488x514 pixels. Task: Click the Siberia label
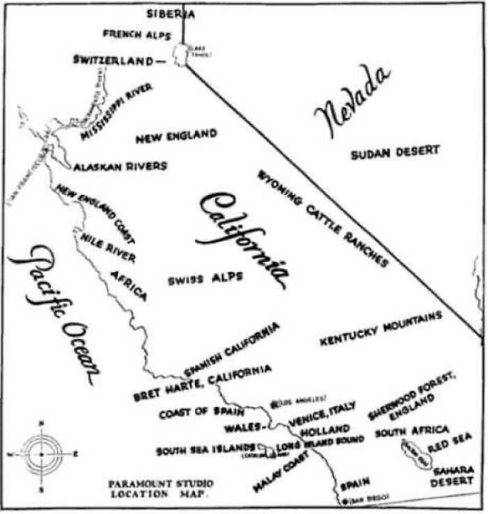[170, 13]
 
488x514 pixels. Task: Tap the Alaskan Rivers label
[120, 166]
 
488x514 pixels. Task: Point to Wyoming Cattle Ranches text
[323, 218]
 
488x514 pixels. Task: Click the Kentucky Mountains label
[381, 329]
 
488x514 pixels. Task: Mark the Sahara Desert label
[454, 476]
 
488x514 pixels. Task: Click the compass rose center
[41, 453]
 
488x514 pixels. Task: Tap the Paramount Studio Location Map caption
[160, 488]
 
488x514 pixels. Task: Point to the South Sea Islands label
[206, 450]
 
